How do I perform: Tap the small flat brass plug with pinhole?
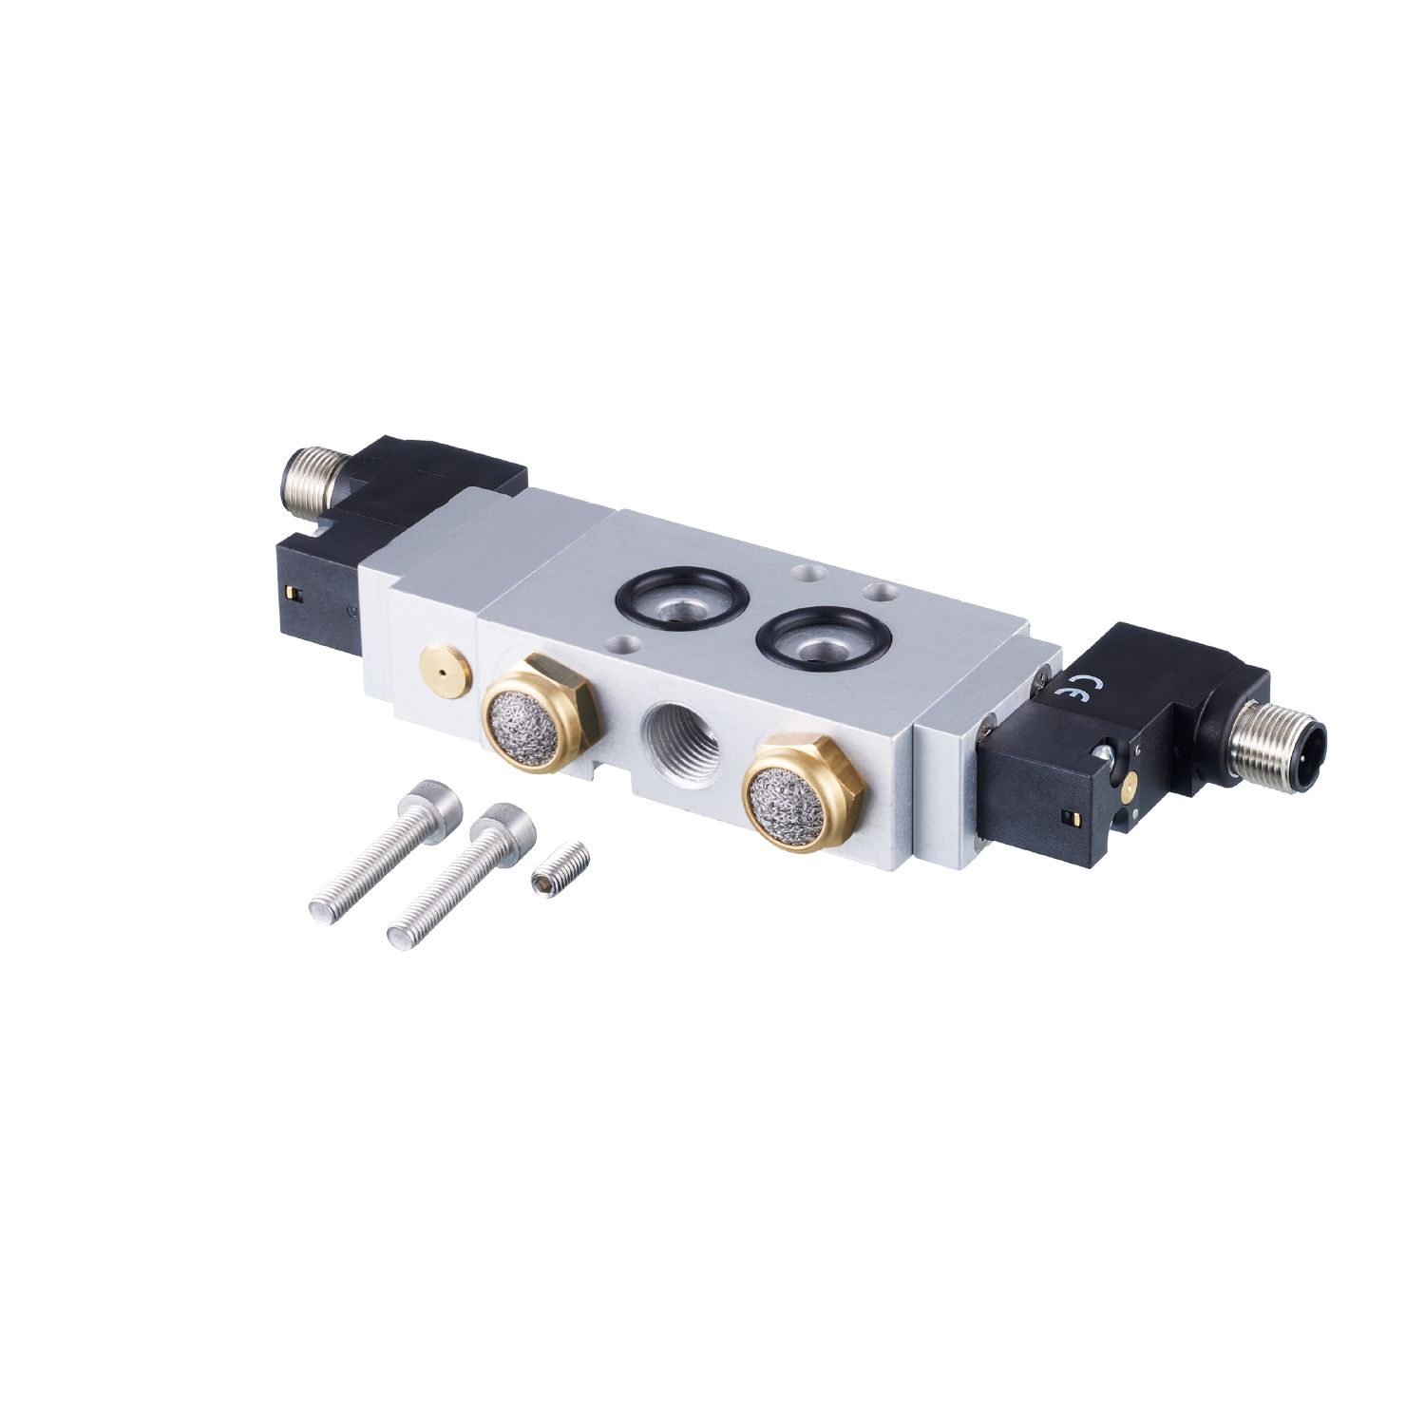(443, 669)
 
